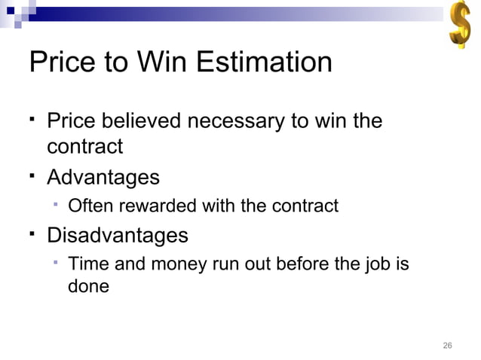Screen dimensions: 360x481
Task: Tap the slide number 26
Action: tap(447, 346)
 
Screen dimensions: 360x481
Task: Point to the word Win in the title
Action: tap(164, 62)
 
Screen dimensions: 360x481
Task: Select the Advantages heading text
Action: tap(103, 178)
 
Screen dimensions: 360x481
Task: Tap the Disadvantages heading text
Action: tap(118, 235)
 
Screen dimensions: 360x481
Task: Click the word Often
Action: tap(88, 206)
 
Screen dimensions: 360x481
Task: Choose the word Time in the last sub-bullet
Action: tap(85, 264)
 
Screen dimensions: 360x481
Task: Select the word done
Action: tap(88, 287)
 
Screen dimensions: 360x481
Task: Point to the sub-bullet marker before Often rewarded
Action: tap(57, 204)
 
